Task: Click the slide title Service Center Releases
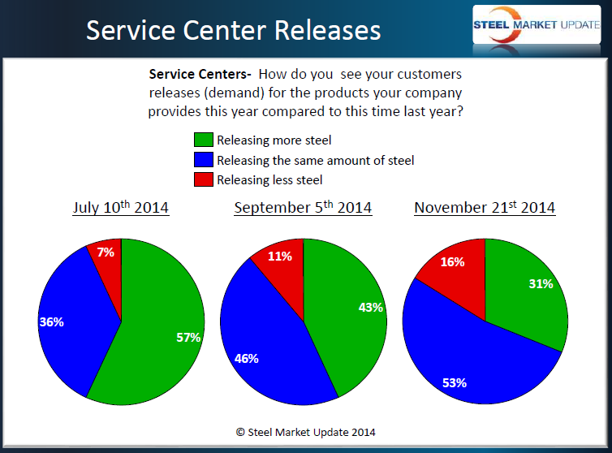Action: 234,30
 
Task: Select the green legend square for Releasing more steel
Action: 204,140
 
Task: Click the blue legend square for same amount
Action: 204,160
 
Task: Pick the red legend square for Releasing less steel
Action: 204,179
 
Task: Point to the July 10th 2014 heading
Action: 121,208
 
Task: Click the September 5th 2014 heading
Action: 303,208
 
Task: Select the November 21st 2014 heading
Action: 485,208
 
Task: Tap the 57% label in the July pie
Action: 188,337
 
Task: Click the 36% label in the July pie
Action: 51,321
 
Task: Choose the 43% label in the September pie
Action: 370,308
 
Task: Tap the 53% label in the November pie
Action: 454,382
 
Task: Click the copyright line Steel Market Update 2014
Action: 306,432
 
